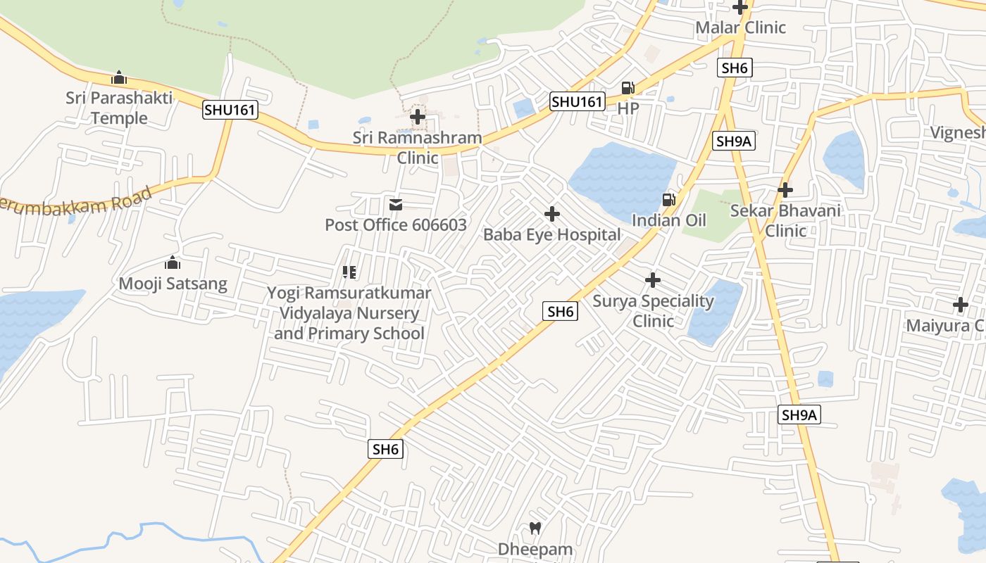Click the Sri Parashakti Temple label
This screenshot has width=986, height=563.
(119, 108)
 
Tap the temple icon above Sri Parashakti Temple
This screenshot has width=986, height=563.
(119, 77)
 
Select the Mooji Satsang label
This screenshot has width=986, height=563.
(173, 284)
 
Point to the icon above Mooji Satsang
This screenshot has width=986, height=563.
(173, 263)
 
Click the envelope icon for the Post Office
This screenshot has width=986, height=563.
(396, 205)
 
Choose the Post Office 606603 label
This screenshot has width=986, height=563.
(396, 225)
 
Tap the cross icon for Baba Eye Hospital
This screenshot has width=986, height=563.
(552, 213)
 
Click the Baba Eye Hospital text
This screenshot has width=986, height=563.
(552, 235)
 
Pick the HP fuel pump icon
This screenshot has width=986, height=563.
(628, 88)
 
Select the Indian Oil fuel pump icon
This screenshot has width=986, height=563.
(668, 200)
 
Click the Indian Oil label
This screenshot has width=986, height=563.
(668, 220)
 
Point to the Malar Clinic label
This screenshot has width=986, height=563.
(740, 28)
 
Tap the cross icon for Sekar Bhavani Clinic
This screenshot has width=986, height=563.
(785, 189)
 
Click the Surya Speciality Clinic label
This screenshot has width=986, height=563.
(653, 311)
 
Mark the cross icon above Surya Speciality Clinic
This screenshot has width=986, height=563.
(653, 280)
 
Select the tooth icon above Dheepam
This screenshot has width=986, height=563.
(535, 527)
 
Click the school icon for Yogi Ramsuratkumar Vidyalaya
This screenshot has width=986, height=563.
(349, 272)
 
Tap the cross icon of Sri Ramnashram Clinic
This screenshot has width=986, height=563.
(418, 117)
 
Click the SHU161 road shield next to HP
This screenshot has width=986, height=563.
(577, 102)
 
